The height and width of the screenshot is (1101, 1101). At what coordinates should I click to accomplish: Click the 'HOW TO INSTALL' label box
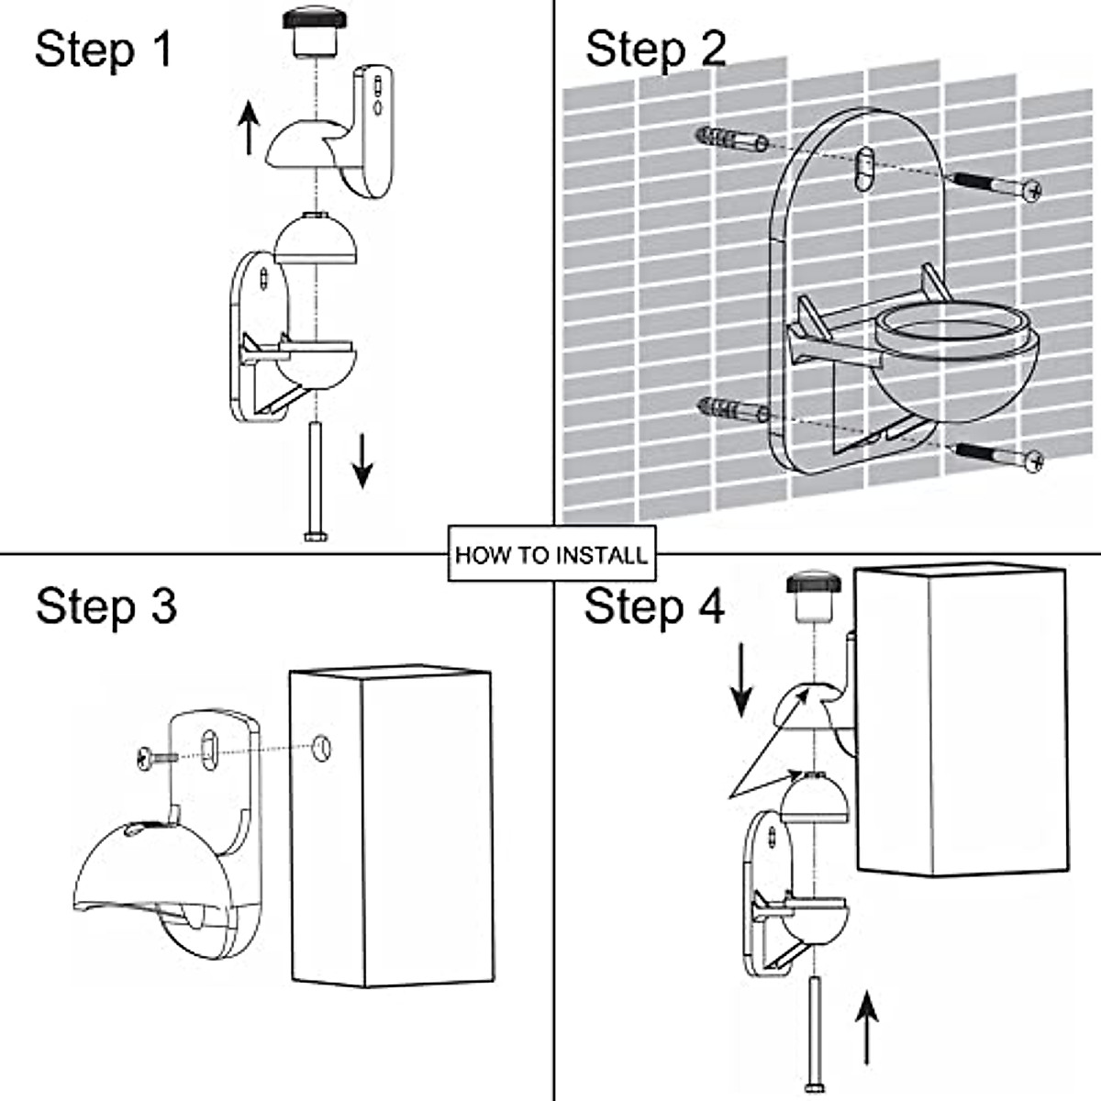coord(552,553)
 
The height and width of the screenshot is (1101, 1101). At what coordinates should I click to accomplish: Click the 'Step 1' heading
coord(104,50)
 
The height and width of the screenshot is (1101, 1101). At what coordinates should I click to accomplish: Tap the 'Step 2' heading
coord(655,50)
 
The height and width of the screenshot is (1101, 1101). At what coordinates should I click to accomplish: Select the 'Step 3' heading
coord(106,606)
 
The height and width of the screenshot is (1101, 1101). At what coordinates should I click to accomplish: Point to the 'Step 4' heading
coord(654,606)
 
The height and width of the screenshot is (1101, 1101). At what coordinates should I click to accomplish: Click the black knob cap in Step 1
coord(315,17)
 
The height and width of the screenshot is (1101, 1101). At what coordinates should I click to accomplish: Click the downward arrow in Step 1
coord(362,461)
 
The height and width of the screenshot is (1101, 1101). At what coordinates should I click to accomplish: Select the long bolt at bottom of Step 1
coord(316,482)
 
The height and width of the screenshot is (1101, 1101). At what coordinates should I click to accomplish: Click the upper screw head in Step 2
coord(1032,190)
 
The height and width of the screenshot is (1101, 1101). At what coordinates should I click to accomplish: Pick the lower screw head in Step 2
coord(1033,461)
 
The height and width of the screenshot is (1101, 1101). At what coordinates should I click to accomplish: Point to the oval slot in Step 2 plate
coord(864,169)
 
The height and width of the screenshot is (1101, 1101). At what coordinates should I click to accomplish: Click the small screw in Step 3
coord(157,758)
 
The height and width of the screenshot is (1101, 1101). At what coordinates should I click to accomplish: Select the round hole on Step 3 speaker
coord(322,748)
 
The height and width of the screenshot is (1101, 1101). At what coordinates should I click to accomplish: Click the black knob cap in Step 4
coord(814,584)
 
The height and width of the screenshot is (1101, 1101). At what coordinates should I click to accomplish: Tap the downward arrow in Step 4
coord(741,680)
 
